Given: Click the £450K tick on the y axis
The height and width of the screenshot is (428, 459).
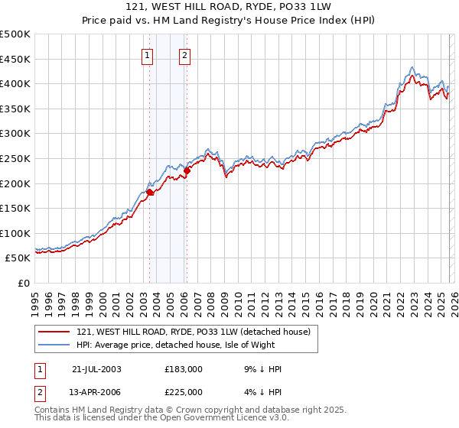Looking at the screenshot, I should [15, 59].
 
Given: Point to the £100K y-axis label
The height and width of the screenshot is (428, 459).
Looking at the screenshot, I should [15, 233].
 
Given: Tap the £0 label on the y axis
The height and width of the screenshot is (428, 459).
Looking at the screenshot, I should [24, 284].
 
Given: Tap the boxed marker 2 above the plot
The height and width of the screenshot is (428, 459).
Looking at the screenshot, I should [185, 54].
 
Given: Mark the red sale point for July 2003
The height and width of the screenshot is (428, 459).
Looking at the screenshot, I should [150, 193].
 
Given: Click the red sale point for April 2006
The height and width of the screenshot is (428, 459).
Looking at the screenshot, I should [187, 171].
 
